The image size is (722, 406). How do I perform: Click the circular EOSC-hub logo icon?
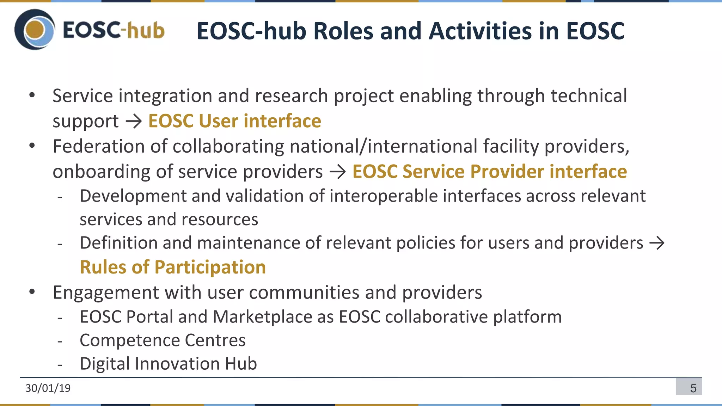coord(35,30)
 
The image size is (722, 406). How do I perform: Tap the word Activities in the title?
coord(481,31)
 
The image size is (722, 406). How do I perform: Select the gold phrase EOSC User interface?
coord(234,121)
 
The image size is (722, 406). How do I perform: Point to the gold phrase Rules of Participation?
coord(173,267)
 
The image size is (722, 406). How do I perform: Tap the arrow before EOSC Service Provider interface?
coord(337,172)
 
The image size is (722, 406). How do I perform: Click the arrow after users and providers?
coord(657,243)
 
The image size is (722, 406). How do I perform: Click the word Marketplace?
coord(262,316)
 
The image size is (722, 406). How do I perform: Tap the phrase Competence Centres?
coord(163,340)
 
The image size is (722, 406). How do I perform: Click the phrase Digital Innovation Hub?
coord(168,363)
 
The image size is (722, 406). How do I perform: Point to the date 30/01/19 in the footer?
coord(48,388)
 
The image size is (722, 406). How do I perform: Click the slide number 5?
coord(693,388)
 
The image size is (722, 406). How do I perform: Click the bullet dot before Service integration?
coord(32,95)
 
